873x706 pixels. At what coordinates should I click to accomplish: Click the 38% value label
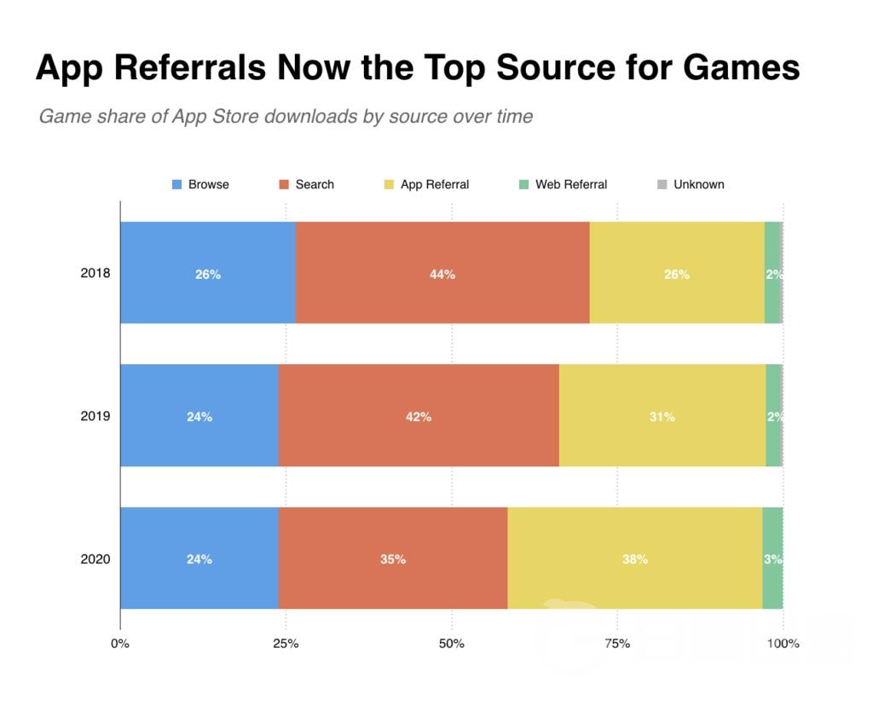click(635, 559)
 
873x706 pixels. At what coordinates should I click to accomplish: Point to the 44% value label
click(442, 275)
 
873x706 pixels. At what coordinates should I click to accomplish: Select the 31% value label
click(662, 417)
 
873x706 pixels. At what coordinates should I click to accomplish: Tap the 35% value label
click(393, 559)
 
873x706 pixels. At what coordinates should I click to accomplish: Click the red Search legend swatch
click(285, 184)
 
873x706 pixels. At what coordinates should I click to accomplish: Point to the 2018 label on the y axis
click(94, 274)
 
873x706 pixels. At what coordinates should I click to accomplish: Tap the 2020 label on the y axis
click(94, 559)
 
